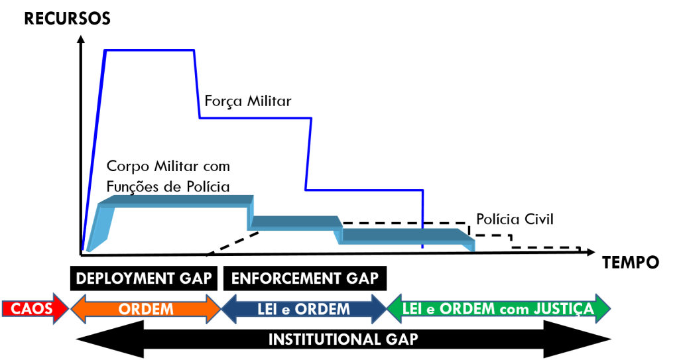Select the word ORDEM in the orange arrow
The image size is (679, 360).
pyautogui.click(x=146, y=309)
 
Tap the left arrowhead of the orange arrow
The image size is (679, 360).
pyautogui.click(x=77, y=309)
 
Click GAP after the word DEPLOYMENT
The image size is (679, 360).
pyautogui.click(x=194, y=278)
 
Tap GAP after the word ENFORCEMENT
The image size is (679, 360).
pyautogui.click(x=361, y=278)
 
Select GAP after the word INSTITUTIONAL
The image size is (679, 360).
pyautogui.click(x=401, y=339)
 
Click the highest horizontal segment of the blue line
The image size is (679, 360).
pyautogui.click(x=150, y=50)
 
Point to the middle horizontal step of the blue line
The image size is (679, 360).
pyautogui.click(x=255, y=119)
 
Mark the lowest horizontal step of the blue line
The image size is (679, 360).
pyautogui.click(x=364, y=190)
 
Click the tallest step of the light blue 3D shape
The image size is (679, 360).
pyautogui.click(x=182, y=201)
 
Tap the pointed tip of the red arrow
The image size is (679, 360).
pyautogui.click(x=67, y=309)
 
